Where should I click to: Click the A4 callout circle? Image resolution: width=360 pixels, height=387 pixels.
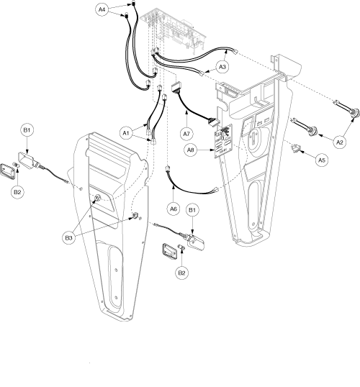coord(102,9)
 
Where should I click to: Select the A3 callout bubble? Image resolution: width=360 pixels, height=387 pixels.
coord(222,67)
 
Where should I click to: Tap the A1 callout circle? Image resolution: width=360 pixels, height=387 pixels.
coord(126,133)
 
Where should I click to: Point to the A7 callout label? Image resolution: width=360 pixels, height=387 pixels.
coord(186,134)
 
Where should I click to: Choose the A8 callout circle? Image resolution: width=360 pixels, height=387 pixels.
coord(191,150)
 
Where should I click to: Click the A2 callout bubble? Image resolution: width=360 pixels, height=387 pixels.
coord(340,142)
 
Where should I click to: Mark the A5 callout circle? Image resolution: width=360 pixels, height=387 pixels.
coord(321,160)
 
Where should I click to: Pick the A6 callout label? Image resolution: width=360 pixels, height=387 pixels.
coord(174,209)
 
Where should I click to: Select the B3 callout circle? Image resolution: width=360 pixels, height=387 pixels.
coord(68,238)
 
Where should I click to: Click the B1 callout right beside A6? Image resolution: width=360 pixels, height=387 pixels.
coord(192,210)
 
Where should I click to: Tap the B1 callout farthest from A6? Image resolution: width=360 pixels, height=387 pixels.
coord(27,130)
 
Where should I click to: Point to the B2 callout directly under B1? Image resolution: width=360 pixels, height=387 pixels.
coord(17,192)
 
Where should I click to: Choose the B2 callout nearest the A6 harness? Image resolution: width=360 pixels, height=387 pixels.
coord(181,273)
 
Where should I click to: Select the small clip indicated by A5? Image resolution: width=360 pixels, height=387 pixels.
coord(295,148)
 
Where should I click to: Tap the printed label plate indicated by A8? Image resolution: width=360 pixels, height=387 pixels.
coord(223,141)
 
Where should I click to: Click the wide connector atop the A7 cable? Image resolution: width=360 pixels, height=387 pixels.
coord(176,87)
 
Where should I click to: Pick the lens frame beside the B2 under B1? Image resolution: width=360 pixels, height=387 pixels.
coord(8,171)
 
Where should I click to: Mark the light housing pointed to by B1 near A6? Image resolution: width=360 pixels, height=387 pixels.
coord(195,242)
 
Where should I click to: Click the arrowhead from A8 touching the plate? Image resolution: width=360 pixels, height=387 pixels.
coord(212,150)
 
